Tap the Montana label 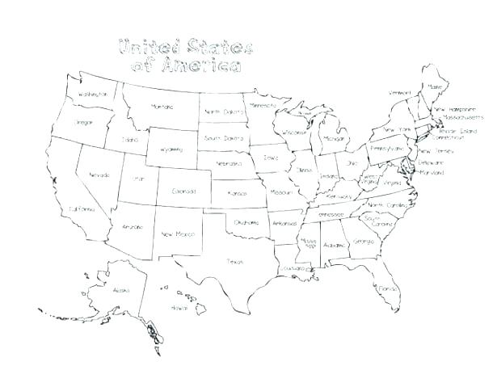[163, 106]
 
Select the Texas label [234, 261]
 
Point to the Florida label [387, 288]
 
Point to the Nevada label [99, 175]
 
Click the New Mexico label [175, 234]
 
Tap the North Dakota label [224, 112]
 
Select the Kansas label [237, 194]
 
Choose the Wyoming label [171, 149]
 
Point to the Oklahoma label [246, 221]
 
